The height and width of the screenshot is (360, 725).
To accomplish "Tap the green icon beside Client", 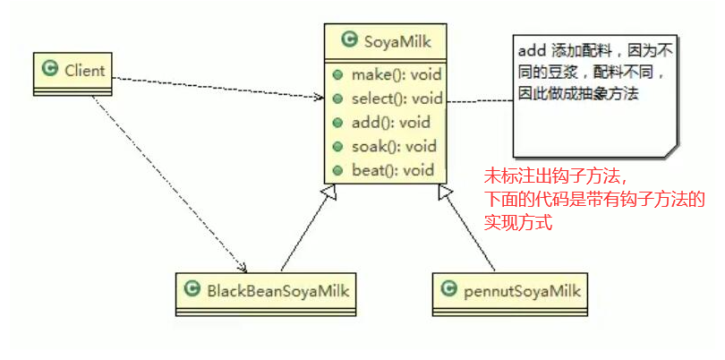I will coord(50,68).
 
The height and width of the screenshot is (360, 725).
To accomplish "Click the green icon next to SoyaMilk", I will coord(348,40).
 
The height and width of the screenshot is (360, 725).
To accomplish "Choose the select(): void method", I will coord(397,99).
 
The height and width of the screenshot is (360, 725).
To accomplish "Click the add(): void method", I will coord(390,123).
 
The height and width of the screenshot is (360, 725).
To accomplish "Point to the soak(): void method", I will coord(393,146).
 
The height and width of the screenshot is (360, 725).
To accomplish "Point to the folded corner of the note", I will coord(671,152).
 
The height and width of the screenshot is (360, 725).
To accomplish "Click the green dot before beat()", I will coord(337,170).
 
